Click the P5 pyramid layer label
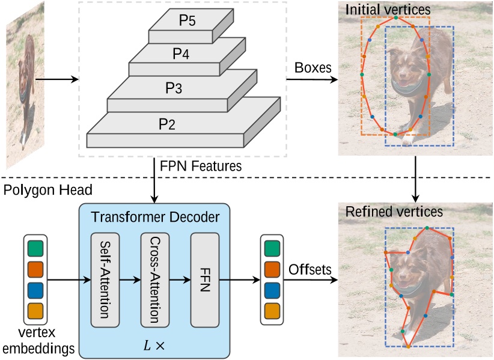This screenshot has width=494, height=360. click(x=188, y=20)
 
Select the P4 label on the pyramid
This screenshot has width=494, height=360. click(x=181, y=54)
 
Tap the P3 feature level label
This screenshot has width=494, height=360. click(x=174, y=88)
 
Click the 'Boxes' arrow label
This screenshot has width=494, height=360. click(x=313, y=67)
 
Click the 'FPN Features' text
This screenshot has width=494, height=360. click(x=201, y=166)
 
